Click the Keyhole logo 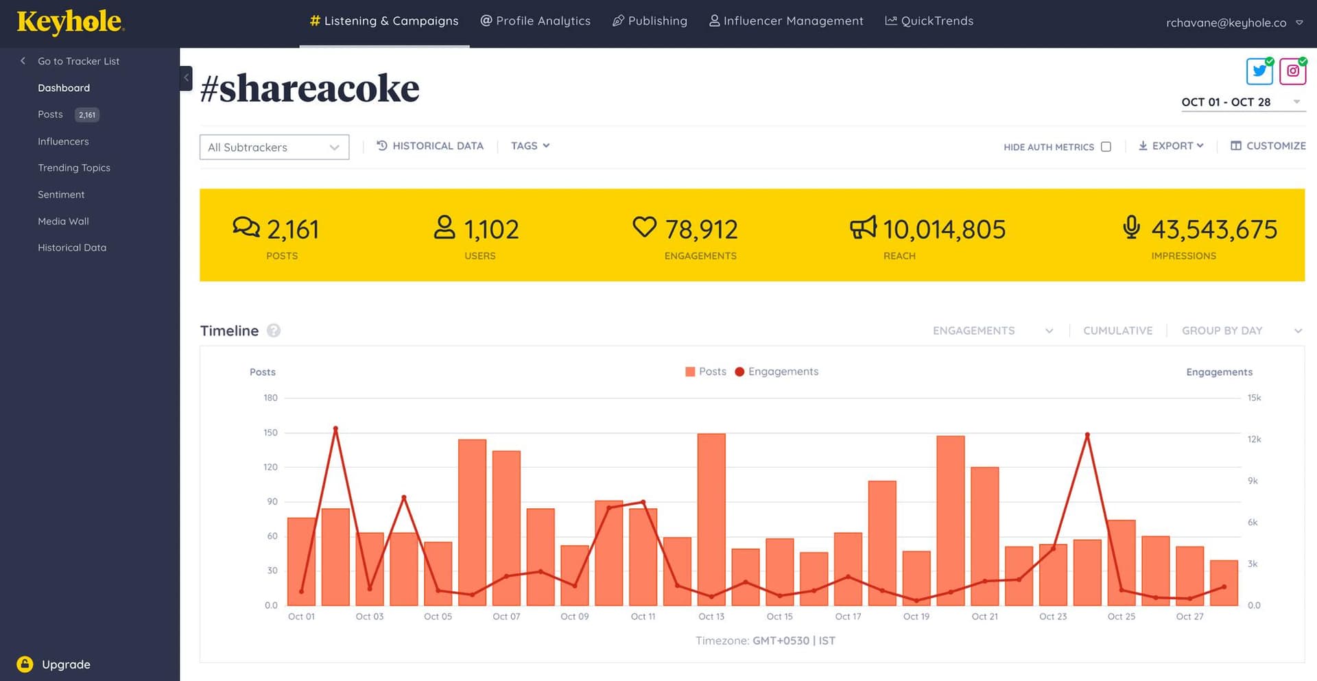(70, 22)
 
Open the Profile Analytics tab (535, 21)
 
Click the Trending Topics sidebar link (74, 168)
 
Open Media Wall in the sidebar (63, 222)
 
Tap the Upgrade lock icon (25, 664)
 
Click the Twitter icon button (1259, 71)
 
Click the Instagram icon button (1292, 71)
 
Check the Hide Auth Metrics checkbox (1106, 147)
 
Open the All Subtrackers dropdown (274, 147)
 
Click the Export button (1171, 146)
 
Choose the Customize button (1268, 146)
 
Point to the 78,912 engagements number (701, 230)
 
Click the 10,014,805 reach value (944, 230)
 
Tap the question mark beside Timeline (274, 331)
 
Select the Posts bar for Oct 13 (711, 519)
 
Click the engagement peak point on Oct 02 (335, 429)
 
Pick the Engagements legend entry (776, 372)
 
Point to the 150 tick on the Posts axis (271, 433)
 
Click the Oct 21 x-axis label (984, 617)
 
